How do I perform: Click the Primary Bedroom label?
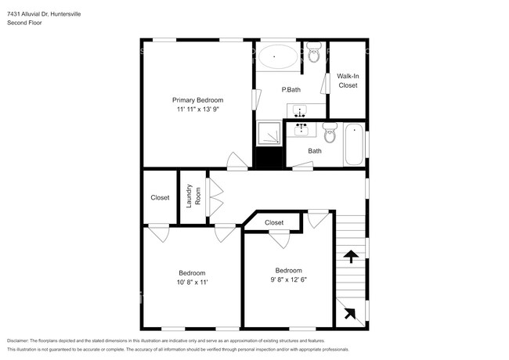(x=198, y=100)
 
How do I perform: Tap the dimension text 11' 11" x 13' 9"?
(x=198, y=110)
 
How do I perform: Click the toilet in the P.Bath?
(x=314, y=53)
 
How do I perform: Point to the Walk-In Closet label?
(x=348, y=81)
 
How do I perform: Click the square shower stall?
(x=269, y=135)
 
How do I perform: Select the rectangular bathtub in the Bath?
(x=354, y=144)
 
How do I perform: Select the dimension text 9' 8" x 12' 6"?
(x=288, y=279)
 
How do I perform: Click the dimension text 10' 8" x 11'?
(x=192, y=283)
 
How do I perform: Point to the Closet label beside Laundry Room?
(x=160, y=197)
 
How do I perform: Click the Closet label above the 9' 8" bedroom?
(x=274, y=223)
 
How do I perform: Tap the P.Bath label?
(x=291, y=90)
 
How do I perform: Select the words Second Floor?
(x=25, y=23)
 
